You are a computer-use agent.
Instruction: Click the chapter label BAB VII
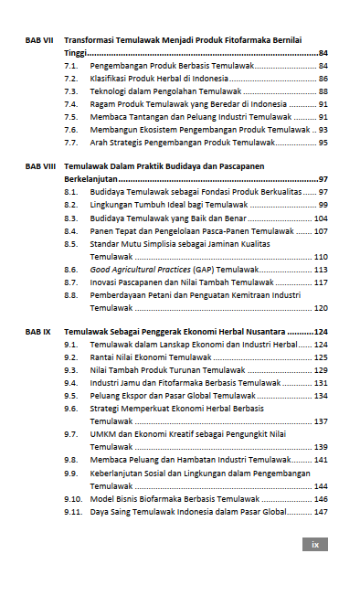tap(39, 41)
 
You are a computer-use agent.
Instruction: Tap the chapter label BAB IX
tap(38, 331)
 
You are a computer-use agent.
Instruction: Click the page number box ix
tap(315, 544)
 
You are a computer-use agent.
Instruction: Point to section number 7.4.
tap(70, 104)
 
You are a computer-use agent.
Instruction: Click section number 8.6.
tap(70, 271)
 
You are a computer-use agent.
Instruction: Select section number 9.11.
tap(73, 512)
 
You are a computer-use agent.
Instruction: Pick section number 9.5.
tap(70, 395)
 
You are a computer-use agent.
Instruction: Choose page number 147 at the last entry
tap(320, 512)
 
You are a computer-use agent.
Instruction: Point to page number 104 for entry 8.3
tap(320, 218)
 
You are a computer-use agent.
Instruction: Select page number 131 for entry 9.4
tap(320, 382)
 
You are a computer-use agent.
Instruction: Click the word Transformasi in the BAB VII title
tap(92, 41)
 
